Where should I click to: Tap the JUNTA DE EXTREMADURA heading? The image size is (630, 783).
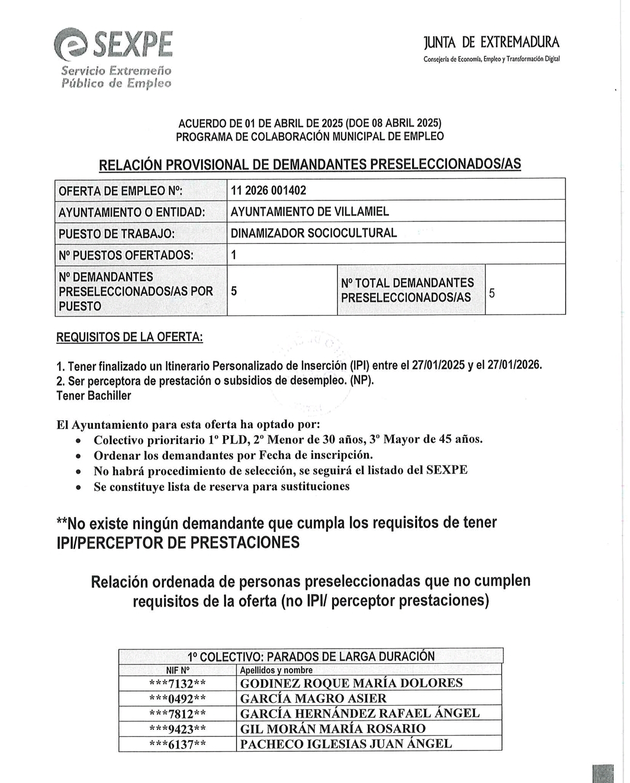coord(491,42)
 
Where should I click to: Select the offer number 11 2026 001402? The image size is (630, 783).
coord(269,190)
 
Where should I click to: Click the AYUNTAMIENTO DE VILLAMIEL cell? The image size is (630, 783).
coord(310,211)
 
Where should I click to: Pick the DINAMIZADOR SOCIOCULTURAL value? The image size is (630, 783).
coord(313,233)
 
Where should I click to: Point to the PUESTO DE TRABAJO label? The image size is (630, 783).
coord(116,234)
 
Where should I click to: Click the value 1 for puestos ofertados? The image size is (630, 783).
coord(234,255)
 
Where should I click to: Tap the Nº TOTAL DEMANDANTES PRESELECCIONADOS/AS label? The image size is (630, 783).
coord(407,290)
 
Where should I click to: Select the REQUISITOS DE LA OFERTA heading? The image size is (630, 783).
coord(129,337)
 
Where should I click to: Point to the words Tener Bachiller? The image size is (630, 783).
coord(93,395)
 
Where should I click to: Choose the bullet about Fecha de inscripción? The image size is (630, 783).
coord(233,455)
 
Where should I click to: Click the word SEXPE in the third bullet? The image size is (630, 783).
coord(447,470)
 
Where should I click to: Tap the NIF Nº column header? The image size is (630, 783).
coord(178,670)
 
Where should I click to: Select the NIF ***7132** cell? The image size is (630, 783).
coord(178,683)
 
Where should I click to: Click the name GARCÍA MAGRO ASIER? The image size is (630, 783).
coord(313,699)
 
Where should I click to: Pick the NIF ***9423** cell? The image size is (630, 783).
coord(178,729)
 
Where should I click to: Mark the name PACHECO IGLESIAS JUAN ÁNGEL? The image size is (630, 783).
coord(346,744)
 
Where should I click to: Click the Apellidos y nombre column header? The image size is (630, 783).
coord(276,670)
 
